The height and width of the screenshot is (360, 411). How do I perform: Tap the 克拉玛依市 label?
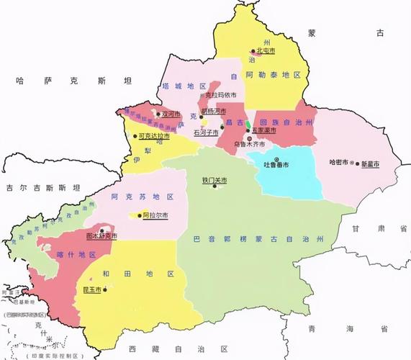tap(220, 94)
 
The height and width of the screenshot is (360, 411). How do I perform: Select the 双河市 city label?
tap(171, 113)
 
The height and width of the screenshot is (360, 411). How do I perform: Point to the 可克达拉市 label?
tap(154, 135)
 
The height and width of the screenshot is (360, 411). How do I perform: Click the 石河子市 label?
tap(207, 132)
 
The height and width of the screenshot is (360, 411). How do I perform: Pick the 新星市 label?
tap(370, 163)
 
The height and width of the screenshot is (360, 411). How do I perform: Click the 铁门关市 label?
tap(214, 180)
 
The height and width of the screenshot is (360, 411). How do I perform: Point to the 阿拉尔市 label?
tap(155, 215)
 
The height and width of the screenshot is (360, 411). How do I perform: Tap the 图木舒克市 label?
tap(101, 235)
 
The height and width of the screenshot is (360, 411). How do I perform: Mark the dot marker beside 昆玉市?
tap(104, 289)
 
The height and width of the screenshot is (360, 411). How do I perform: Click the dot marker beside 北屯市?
tap(254, 51)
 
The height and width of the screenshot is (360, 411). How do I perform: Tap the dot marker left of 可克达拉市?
tap(135, 135)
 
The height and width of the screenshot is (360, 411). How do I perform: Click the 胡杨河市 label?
tap(214, 112)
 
